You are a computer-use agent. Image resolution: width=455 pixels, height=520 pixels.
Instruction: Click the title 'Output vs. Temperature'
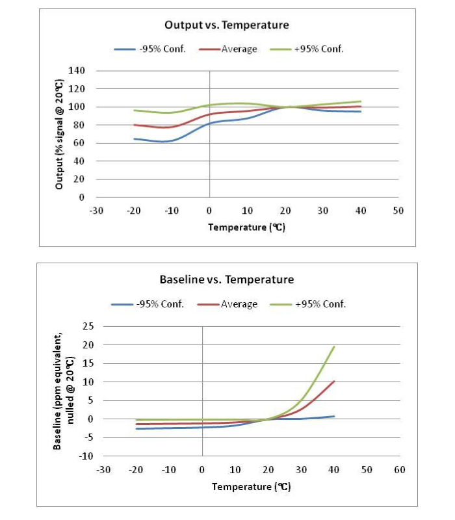click(226, 25)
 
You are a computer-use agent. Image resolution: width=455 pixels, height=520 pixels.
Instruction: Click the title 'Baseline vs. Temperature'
click(226, 279)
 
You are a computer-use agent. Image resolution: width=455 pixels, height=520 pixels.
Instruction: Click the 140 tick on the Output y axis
click(86, 71)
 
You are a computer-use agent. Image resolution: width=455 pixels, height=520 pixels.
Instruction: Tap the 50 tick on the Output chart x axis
click(398, 211)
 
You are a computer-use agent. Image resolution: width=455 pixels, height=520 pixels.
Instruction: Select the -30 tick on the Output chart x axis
click(96, 211)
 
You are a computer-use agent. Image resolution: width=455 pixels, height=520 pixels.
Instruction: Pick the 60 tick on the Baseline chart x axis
click(400, 469)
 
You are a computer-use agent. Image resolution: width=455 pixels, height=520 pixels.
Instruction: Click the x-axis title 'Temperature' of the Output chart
click(246, 227)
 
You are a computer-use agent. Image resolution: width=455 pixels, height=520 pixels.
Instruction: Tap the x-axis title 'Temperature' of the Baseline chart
click(250, 486)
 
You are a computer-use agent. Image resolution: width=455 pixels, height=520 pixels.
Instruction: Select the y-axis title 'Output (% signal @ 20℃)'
click(60, 134)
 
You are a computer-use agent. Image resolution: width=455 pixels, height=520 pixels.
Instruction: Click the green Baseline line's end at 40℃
click(334, 346)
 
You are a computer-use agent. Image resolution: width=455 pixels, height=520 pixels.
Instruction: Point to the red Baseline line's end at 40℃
click(334, 381)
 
